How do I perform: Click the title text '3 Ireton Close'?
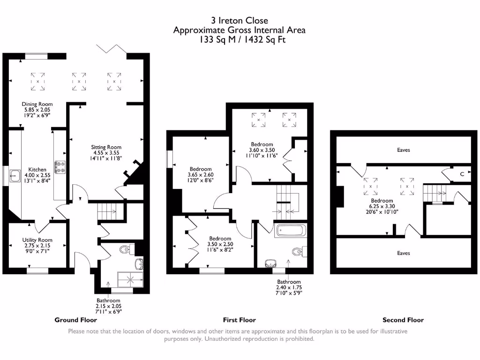[239, 20]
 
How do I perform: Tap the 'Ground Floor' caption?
[76, 320]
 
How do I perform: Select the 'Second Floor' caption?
[403, 320]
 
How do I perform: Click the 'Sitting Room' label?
[106, 147]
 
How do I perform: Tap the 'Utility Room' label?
[37, 240]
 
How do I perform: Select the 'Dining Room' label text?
[37, 104]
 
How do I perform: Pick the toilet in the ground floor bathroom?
[125, 249]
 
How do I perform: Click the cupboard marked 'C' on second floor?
[462, 174]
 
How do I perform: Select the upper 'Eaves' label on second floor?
[403, 150]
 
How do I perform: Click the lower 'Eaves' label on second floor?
[403, 253]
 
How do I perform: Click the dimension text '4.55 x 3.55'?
[106, 153]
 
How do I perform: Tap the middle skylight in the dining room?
[79, 81]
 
